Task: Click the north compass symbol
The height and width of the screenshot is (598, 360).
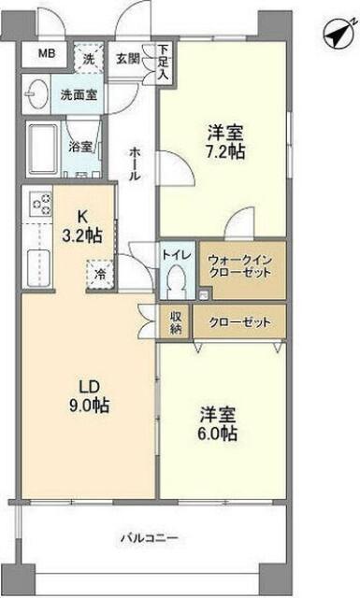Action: [x=335, y=35]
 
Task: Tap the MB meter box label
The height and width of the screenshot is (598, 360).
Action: [x=46, y=54]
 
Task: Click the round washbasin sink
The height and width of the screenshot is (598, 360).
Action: [x=38, y=93]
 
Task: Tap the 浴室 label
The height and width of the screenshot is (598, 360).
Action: [x=80, y=147]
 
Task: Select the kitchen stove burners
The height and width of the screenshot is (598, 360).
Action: [x=41, y=204]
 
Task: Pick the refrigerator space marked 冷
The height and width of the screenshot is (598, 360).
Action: [x=99, y=276]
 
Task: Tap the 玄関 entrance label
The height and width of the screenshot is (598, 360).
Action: [x=127, y=58]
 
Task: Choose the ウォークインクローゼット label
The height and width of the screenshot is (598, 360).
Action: [x=239, y=264]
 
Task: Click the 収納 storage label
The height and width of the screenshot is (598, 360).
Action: [x=175, y=322]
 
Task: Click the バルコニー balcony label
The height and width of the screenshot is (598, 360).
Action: [x=149, y=538]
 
